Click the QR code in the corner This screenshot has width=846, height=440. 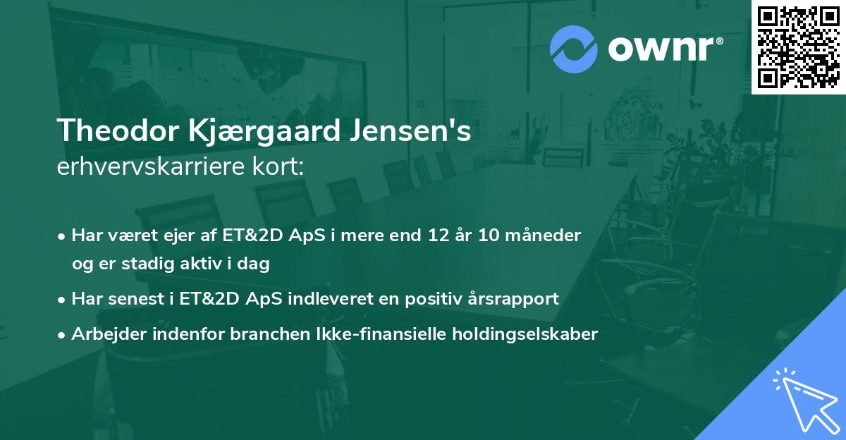pyautogui.click(x=798, y=47)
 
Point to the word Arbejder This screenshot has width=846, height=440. pyautogui.click(x=104, y=334)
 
